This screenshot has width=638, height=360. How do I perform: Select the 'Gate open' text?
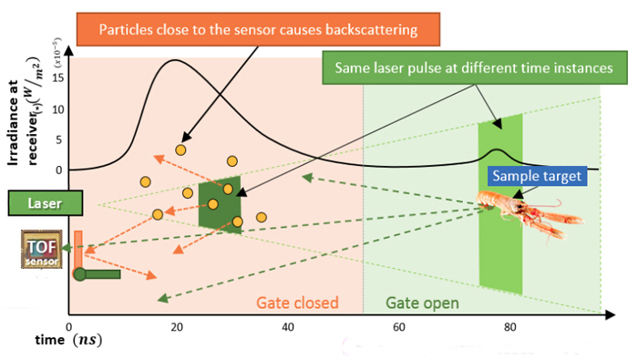(422, 303)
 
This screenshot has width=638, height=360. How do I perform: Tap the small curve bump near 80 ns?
(495, 150)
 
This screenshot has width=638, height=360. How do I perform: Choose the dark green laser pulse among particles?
(220, 204)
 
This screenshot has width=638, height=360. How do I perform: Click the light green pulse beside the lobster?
(500, 210)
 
